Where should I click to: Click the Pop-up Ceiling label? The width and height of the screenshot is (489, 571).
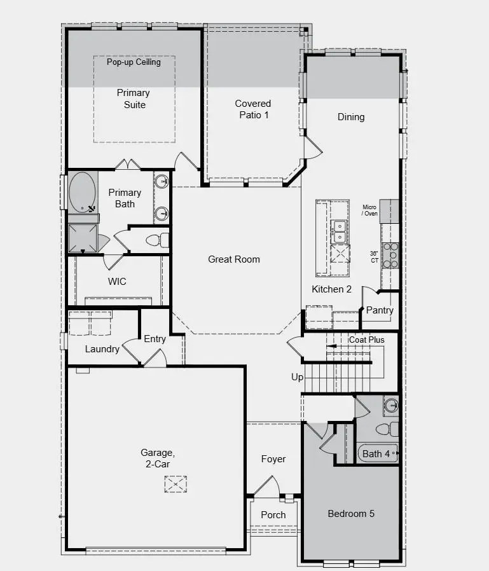(x=134, y=62)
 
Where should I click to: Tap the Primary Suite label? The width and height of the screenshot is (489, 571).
(x=134, y=99)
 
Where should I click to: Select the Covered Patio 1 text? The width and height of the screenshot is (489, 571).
(x=253, y=109)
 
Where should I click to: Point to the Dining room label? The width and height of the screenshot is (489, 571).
(x=351, y=117)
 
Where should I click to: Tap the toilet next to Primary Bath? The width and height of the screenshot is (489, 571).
(x=158, y=240)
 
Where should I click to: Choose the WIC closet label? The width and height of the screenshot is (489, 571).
(x=117, y=281)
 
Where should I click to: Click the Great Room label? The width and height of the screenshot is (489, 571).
(x=234, y=259)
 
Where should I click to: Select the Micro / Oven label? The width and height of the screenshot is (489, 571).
(x=369, y=210)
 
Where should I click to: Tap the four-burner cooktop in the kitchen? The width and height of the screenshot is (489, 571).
(x=390, y=255)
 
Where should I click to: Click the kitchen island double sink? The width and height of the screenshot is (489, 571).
(x=339, y=231)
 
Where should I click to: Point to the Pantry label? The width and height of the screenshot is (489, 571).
(x=380, y=310)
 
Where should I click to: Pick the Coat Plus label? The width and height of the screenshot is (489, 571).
(x=366, y=340)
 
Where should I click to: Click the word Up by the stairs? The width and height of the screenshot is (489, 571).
(x=297, y=377)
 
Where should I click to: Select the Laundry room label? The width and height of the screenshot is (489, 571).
(x=102, y=349)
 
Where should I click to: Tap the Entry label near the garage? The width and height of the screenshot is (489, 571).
(x=155, y=339)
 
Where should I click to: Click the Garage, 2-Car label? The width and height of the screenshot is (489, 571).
(x=157, y=458)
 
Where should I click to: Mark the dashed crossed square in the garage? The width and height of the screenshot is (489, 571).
(x=176, y=485)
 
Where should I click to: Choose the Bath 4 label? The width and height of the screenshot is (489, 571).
(x=375, y=454)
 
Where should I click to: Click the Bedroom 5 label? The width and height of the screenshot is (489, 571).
(x=351, y=514)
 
